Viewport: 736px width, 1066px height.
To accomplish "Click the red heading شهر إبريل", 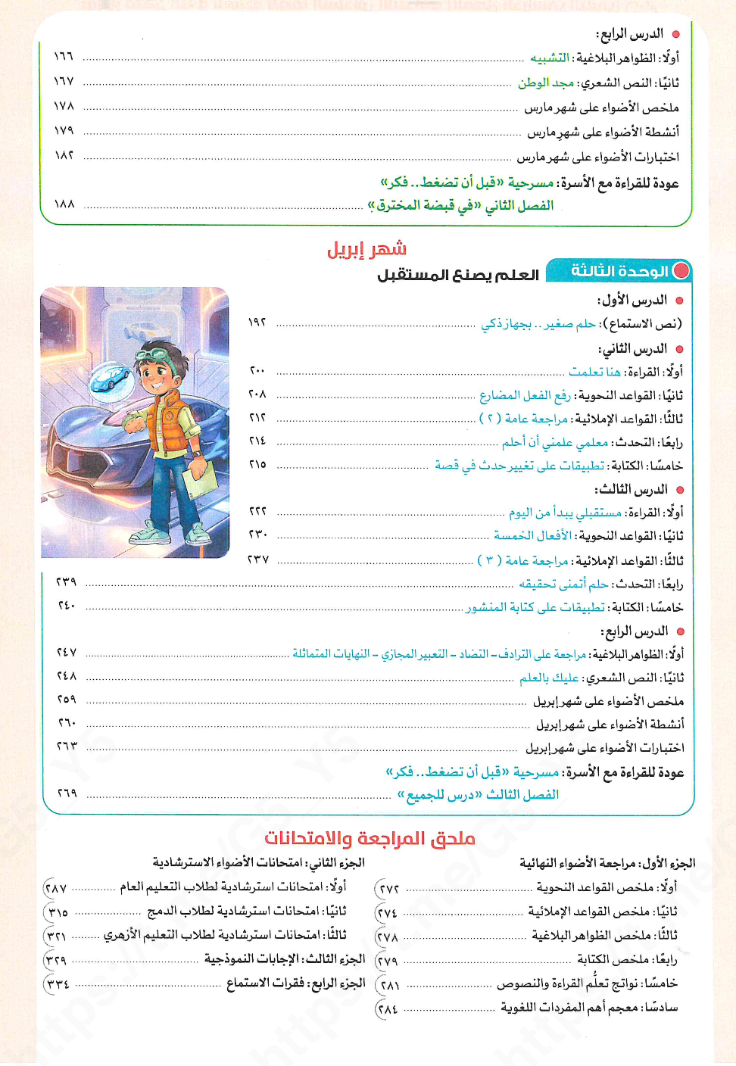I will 366,249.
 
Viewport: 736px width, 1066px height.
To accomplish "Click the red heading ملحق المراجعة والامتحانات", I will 370,838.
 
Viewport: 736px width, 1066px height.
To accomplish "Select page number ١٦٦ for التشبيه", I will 64,57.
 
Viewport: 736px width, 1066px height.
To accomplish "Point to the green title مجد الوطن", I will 545,83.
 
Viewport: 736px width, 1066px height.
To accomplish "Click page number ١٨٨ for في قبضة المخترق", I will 64,204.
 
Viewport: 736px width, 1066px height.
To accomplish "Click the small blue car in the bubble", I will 111,377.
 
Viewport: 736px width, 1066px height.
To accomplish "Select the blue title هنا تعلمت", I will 594,371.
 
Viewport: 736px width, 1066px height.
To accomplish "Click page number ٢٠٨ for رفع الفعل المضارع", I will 257,394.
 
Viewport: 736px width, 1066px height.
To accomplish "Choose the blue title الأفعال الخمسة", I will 532,535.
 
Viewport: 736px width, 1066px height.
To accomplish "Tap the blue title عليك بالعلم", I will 549,678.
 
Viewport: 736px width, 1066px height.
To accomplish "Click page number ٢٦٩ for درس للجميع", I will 67,793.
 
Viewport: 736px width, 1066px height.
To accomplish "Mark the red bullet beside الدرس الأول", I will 679,301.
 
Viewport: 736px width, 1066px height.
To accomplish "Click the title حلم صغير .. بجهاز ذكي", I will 538,324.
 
